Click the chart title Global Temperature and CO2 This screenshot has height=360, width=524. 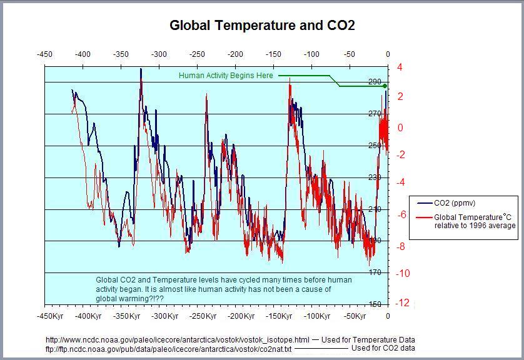[262, 26]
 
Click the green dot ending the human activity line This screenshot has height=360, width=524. [385, 86]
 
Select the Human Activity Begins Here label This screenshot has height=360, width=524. [226, 76]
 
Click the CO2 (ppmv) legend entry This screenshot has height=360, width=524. [459, 203]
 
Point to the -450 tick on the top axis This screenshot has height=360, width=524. [44, 54]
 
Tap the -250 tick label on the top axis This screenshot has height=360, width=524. [198, 54]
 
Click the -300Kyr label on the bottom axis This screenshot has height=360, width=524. [164, 316]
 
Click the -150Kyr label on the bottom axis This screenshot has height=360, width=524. [279, 316]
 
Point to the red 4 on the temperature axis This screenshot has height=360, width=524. [400, 67]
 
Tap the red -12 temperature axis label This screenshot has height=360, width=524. [403, 303]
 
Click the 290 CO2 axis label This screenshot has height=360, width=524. [375, 82]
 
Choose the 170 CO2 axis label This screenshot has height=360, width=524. [375, 273]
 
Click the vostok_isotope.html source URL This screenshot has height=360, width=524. [178, 339]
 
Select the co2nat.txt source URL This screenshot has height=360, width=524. [168, 348]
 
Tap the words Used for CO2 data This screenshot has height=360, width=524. [383, 348]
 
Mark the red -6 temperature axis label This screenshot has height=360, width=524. [401, 214]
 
